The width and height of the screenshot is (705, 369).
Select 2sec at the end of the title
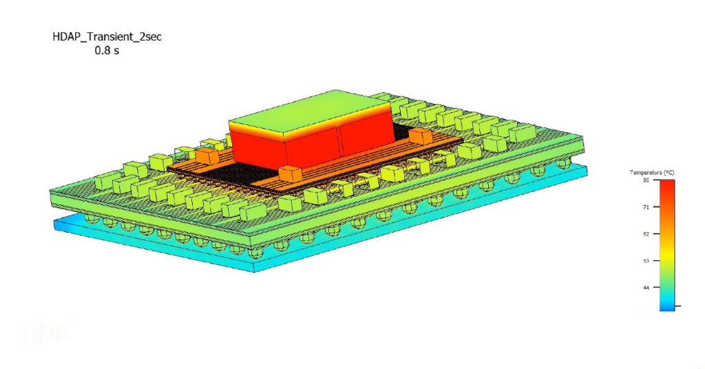[x=148, y=36]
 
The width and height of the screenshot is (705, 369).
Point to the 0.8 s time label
[x=107, y=51]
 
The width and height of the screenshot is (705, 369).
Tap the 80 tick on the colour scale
[x=646, y=180]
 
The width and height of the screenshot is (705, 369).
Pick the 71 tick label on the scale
[x=646, y=207]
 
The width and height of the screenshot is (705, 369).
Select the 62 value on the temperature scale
[x=646, y=234]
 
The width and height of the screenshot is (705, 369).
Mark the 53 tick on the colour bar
[x=646, y=261]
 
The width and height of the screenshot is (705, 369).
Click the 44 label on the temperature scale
[x=646, y=288]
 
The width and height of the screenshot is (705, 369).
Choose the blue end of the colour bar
[x=667, y=306]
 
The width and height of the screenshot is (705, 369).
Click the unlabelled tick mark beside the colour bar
[x=677, y=305]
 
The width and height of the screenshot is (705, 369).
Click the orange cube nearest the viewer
[x=290, y=174]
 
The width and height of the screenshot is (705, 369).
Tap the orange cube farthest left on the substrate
[x=203, y=156]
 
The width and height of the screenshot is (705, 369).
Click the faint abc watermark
[x=46, y=333]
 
